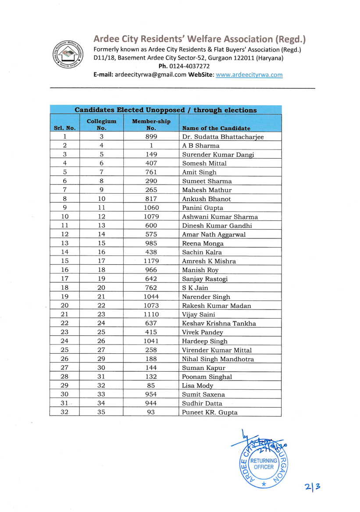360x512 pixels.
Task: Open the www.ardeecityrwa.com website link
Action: [249, 75]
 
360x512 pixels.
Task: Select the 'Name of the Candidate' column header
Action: [216, 128]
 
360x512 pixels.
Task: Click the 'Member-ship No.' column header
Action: [151, 124]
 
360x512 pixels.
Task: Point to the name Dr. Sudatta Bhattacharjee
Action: [223, 137]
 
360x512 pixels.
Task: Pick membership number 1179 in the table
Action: [151, 261]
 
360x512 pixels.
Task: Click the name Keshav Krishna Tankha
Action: [219, 323]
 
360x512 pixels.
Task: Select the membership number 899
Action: [151, 137]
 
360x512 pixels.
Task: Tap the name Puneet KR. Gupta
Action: [210, 412]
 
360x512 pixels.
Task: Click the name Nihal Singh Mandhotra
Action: [218, 359]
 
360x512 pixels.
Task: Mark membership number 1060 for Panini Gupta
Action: [151, 208]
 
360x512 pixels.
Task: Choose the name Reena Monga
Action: [203, 243]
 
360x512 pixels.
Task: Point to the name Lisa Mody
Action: [197, 385]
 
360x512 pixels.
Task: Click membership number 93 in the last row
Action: [151, 412]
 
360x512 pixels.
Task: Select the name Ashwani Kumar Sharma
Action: [220, 217]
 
